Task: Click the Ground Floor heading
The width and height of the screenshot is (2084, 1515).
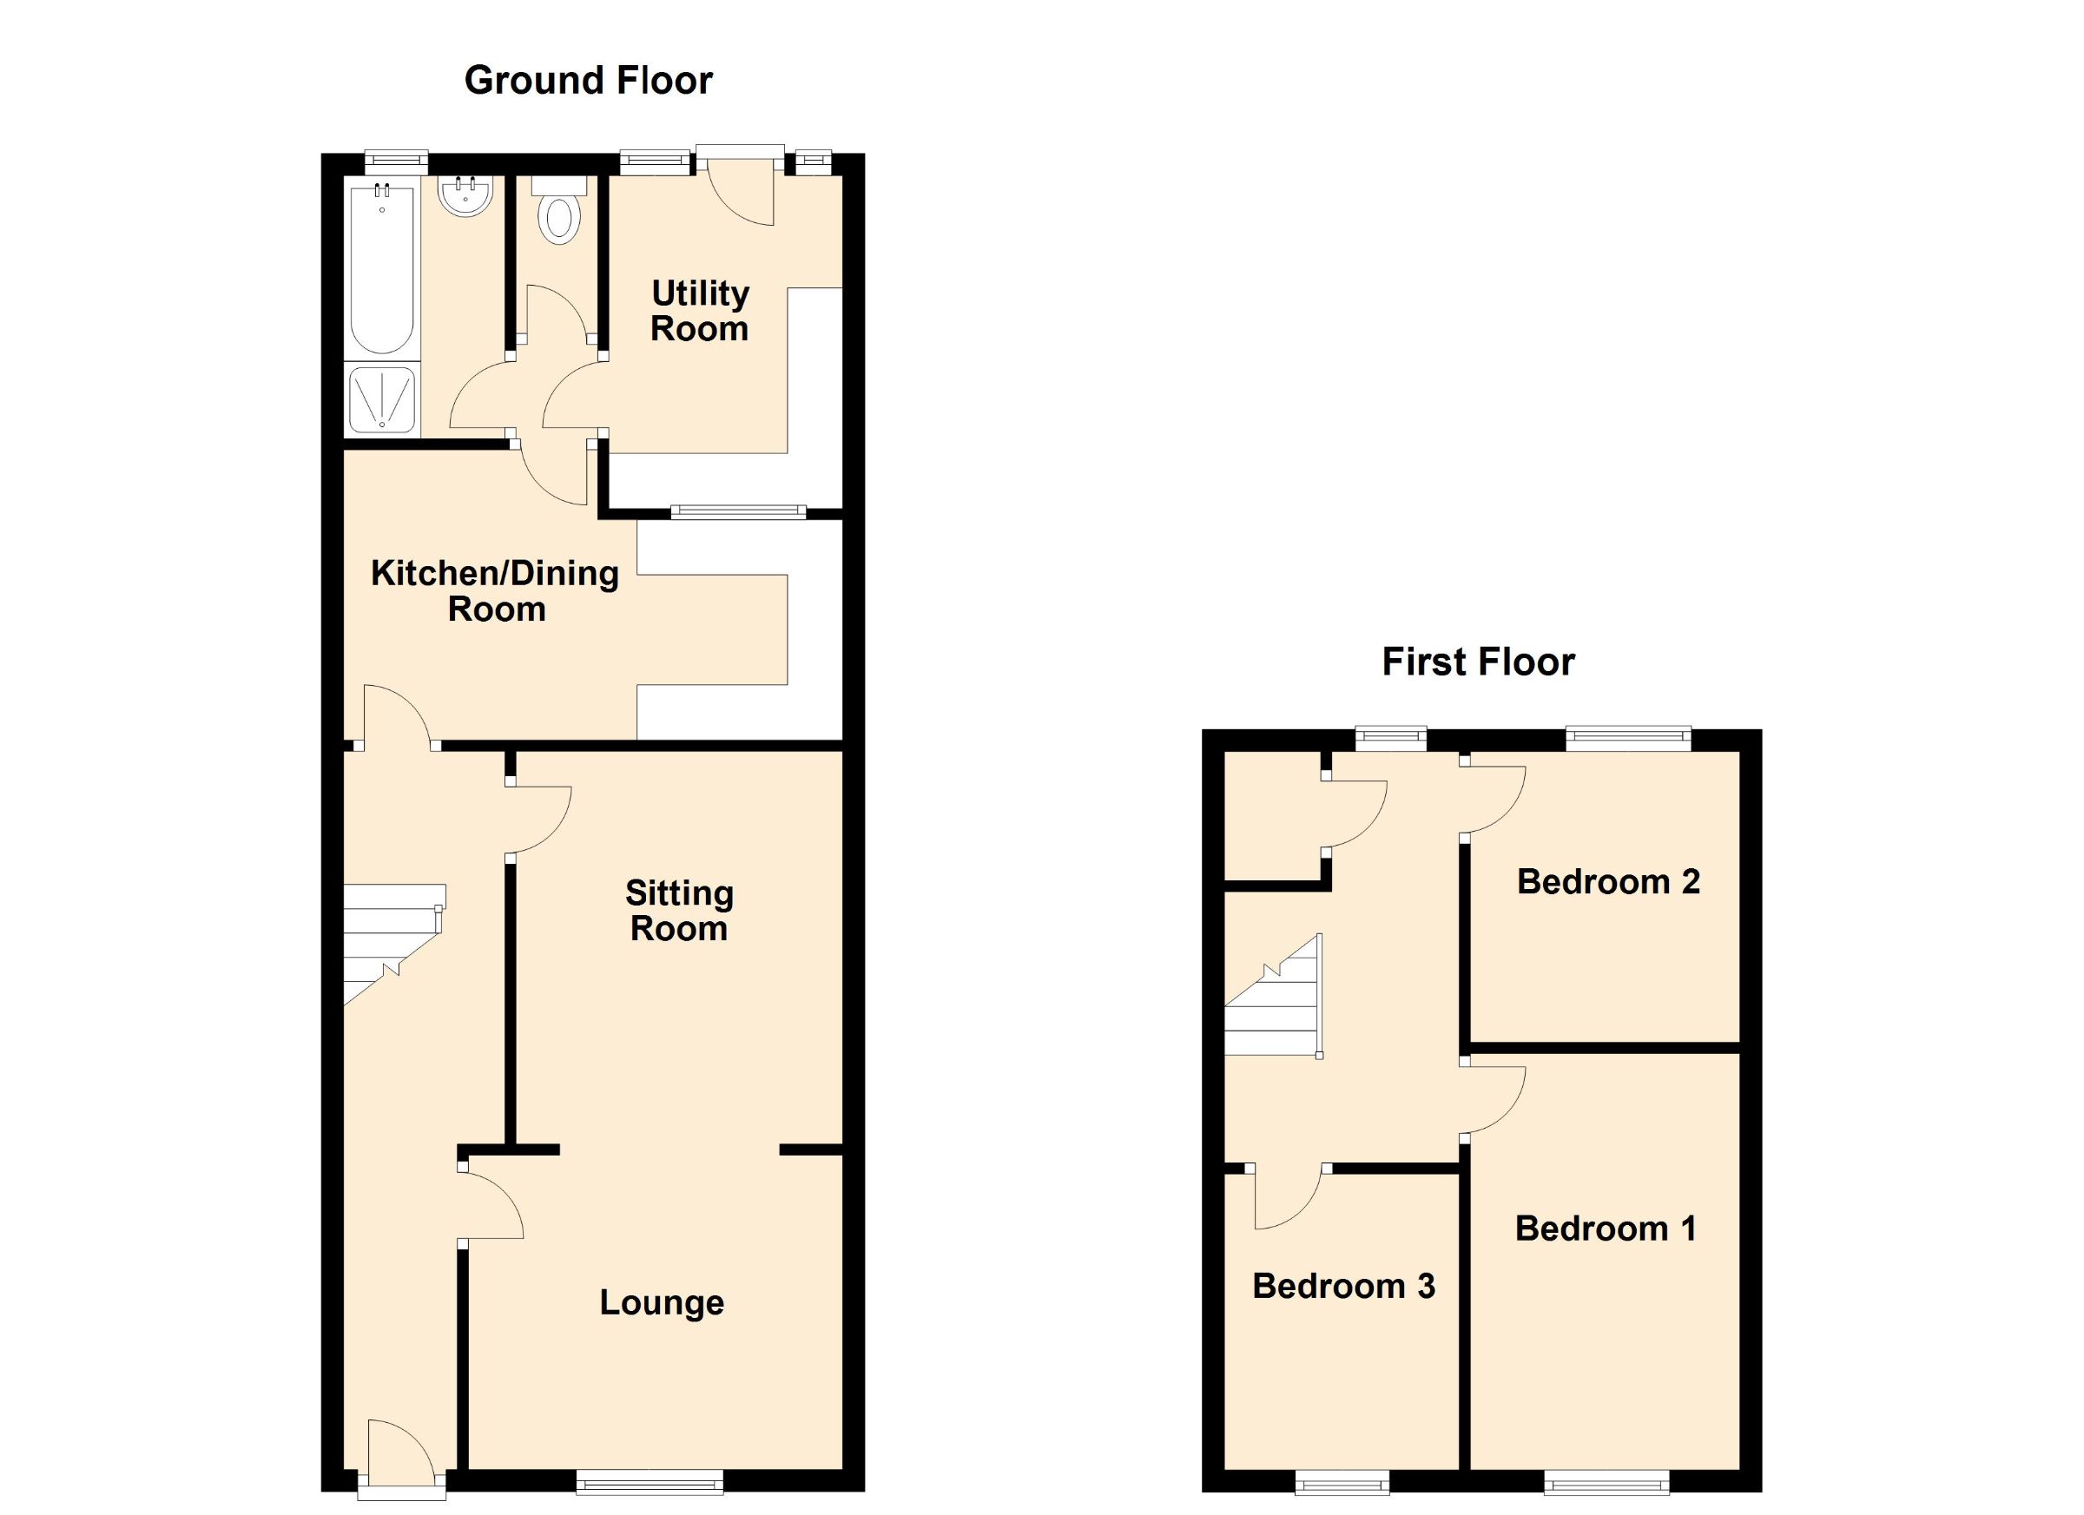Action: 588,81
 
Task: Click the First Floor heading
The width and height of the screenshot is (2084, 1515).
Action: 1478,662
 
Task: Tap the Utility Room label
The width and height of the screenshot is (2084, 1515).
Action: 699,312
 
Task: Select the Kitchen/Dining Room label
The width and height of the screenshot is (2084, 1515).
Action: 495,590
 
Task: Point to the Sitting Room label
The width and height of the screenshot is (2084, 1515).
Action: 679,911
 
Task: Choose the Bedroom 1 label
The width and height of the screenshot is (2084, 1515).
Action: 1606,1228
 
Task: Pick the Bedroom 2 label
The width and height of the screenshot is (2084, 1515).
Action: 1608,882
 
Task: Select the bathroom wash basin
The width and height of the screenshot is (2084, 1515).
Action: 467,196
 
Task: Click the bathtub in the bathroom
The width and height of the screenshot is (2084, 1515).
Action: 381,267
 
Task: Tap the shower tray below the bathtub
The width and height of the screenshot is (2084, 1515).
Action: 381,400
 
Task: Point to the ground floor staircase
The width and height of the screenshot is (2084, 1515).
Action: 393,942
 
